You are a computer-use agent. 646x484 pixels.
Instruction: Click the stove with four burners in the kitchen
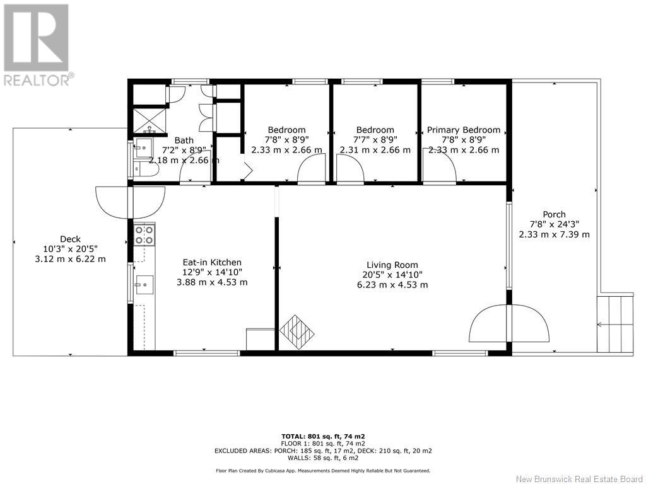coord(144,234)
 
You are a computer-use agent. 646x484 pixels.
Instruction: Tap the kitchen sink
coord(144,285)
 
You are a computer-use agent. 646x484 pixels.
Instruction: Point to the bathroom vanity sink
coord(143,147)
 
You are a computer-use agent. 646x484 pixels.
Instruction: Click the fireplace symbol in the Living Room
coord(297,332)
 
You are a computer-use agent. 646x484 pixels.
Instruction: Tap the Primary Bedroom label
coord(464,130)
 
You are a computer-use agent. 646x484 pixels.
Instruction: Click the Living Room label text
coord(392,265)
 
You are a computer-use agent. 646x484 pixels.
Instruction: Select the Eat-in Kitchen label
coord(212,262)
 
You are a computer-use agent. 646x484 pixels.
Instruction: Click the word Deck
coord(71,239)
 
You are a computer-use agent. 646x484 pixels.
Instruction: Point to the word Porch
coord(554,214)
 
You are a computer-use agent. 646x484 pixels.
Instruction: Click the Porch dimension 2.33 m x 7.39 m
coord(554,234)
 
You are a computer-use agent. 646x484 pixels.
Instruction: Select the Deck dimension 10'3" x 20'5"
coord(71,249)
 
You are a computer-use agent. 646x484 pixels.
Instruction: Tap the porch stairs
coord(615,323)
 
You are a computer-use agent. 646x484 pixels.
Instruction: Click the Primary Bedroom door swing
coord(440,165)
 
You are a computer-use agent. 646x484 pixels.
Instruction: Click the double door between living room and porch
coord(509,323)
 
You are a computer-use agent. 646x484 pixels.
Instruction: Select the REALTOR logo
coord(37,45)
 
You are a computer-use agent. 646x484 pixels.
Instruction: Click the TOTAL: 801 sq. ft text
coord(324,436)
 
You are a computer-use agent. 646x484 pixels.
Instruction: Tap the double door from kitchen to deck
coord(130,202)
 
